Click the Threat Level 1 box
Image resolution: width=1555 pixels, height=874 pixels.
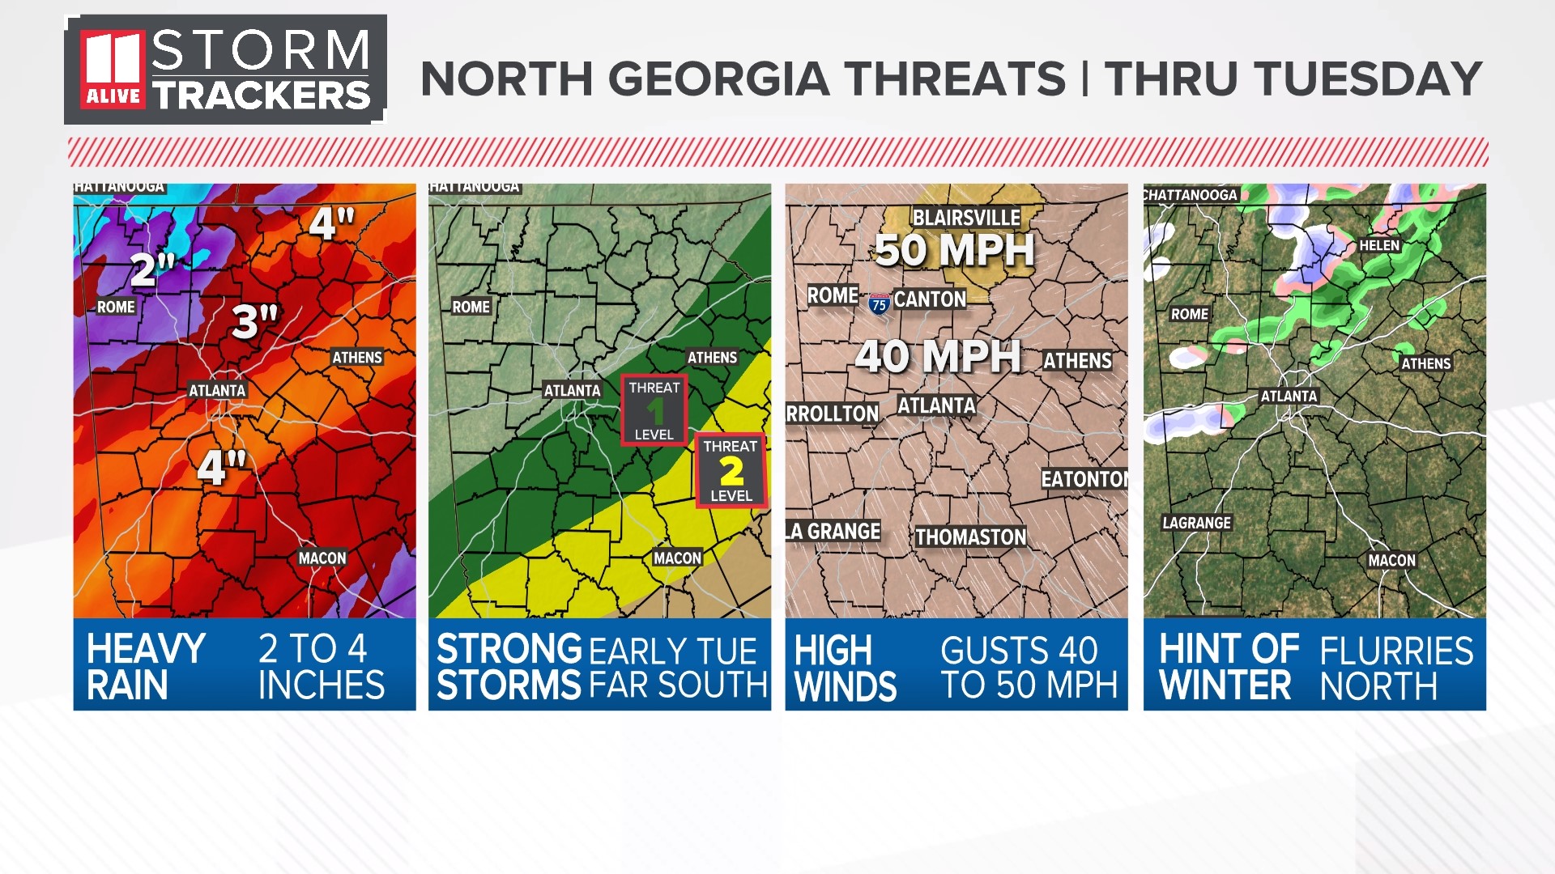coord(654,410)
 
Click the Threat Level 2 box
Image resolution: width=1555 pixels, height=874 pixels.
coord(731,471)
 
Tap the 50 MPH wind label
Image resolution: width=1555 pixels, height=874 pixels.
coord(954,250)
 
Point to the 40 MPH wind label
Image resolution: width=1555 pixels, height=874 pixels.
coord(938,356)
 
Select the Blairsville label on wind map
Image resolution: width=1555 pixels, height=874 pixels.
coord(966,218)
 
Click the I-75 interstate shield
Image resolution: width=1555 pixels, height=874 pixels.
coord(879,304)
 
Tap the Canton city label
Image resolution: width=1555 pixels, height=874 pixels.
coord(930,299)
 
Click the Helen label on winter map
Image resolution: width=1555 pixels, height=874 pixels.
coord(1378,245)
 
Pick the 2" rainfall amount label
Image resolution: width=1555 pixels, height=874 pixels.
coord(153,269)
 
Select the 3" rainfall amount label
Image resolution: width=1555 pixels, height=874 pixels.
coord(254,322)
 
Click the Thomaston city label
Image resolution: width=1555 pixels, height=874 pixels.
coord(970,537)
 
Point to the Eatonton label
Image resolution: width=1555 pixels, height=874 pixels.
coord(1084,479)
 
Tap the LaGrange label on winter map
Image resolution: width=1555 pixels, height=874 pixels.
coord(1196,523)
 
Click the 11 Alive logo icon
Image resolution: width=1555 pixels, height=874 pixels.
coord(113,70)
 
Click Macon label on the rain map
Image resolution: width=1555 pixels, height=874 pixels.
coord(322,558)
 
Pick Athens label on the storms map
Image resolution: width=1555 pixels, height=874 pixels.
coord(712,358)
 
